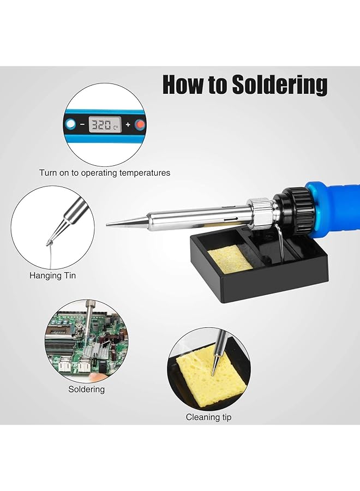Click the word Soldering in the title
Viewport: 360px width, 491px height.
tap(279, 86)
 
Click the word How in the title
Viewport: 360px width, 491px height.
tap(184, 86)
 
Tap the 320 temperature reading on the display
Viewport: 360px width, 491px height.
tap(101, 125)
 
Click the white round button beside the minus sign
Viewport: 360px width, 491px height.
tap(70, 125)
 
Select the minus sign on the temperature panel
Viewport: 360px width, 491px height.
tap(82, 125)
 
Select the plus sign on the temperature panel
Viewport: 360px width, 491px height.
tap(128, 125)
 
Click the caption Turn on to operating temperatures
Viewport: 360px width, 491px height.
tap(104, 173)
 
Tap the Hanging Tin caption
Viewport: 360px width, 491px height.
tap(52, 276)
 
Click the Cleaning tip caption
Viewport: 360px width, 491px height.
tap(208, 417)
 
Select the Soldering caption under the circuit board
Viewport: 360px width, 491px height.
tap(86, 390)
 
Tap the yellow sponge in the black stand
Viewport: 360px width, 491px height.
tap(230, 259)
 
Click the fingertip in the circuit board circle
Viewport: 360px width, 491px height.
tap(96, 376)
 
